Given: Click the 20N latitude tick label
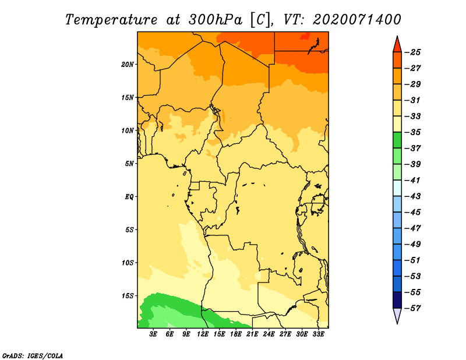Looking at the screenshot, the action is pos(127,65).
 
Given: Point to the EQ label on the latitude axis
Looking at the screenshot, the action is pos(129,197).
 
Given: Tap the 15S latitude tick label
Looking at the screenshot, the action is pos(127,296).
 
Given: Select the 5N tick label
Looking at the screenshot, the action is pos(129,164).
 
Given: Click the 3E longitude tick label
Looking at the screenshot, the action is pos(153,334).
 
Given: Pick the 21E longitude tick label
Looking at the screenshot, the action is pos(252,334).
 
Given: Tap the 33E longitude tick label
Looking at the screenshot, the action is pos(318,334).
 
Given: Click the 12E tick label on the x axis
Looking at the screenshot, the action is pos(202,334).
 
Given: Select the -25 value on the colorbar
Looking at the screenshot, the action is pos(412,52).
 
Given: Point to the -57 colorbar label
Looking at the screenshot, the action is pos(412,308).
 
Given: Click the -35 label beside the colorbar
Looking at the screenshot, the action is pos(412,132).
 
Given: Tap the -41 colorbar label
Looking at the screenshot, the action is pos(412,180).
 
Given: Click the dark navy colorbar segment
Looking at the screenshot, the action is pos(397,300).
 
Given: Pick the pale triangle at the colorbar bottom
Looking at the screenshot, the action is pos(397,315).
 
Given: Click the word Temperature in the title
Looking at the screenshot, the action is pos(111,20).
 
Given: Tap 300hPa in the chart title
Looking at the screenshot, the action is pos(216,20).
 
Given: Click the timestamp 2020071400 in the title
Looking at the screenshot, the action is pos(357,19).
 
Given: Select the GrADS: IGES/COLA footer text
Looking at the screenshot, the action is pos(33,355).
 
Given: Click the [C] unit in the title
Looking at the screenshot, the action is pos(260,20).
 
